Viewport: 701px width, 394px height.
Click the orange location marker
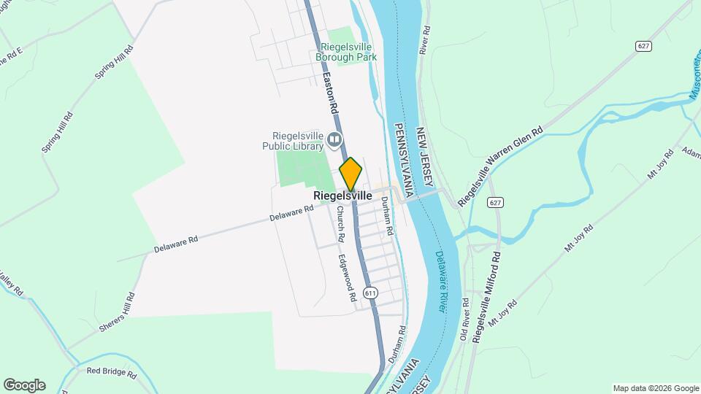(350, 174)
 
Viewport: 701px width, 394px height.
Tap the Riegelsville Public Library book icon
(335, 139)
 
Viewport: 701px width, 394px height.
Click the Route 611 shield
(371, 293)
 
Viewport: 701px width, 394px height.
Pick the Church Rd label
(340, 223)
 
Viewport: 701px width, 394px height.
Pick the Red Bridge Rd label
(111, 373)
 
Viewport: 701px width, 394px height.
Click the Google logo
(24, 385)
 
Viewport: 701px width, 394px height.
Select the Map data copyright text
(655, 388)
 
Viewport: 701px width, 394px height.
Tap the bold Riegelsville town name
(342, 196)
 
